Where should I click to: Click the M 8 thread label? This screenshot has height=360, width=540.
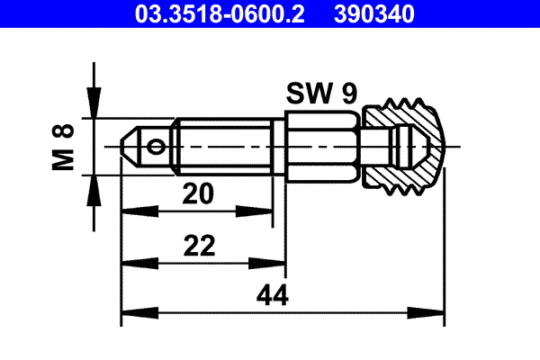pyautogui.click(x=64, y=147)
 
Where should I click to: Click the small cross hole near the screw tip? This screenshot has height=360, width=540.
pyautogui.click(x=158, y=145)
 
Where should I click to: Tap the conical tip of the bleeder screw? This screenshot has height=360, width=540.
pyautogui.click(x=131, y=145)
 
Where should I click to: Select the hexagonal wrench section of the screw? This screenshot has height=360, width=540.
pyautogui.click(x=323, y=145)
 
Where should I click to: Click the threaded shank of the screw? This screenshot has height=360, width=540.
pyautogui.click(x=225, y=145)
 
